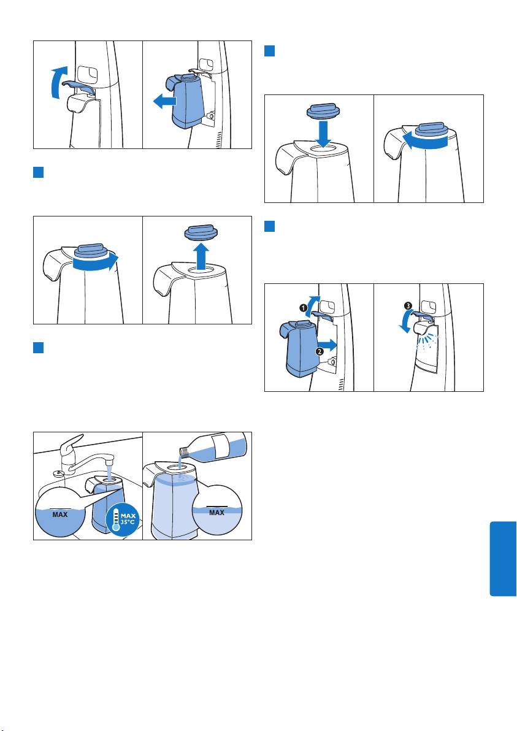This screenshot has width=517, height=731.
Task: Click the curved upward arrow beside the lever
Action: click(56, 82)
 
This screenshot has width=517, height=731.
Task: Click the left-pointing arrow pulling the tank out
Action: click(164, 101)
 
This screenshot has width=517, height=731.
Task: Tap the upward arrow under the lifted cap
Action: click(201, 256)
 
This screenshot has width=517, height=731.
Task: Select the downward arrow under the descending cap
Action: click(323, 132)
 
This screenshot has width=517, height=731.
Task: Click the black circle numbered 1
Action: click(303, 308)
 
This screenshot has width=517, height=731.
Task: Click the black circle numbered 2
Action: click(320, 351)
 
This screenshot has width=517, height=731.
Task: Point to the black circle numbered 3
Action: click(408, 306)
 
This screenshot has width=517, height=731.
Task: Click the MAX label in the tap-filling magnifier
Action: click(60, 515)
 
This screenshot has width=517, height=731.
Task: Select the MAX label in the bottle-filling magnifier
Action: click(216, 512)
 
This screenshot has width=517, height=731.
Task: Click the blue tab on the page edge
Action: click(503, 559)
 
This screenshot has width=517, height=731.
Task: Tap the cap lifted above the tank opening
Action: click(201, 232)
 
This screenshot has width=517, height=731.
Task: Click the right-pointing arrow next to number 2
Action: click(327, 345)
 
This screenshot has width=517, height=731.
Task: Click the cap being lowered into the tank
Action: click(323, 111)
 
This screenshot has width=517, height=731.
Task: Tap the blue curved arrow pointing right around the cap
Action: click(96, 262)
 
